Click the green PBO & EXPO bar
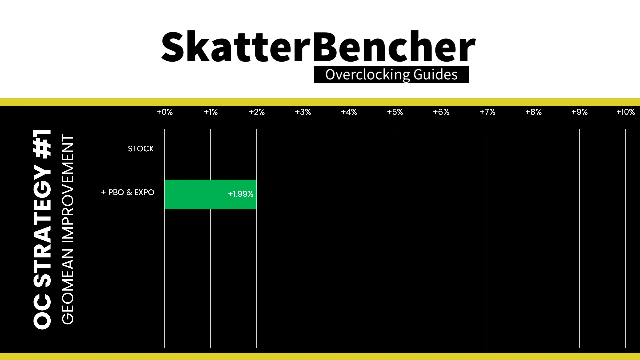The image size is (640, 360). click(x=210, y=194)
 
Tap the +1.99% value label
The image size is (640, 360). click(x=240, y=194)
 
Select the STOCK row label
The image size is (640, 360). click(x=141, y=149)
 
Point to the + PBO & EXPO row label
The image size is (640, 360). click(x=128, y=192)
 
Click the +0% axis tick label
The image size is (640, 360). click(x=165, y=112)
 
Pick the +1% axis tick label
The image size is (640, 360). click(x=211, y=112)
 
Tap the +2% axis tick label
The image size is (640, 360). click(x=257, y=112)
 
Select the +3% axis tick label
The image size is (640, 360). click(x=303, y=112)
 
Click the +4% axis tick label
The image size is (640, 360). click(x=349, y=112)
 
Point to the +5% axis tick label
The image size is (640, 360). click(x=395, y=112)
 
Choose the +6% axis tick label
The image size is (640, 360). click(x=441, y=112)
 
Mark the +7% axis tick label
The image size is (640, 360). click(x=487, y=112)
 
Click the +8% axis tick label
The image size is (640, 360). click(x=533, y=112)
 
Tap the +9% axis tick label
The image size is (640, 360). click(x=579, y=112)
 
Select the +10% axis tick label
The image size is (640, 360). click(x=626, y=112)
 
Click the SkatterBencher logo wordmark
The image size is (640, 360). click(x=318, y=47)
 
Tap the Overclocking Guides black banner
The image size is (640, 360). click(x=391, y=75)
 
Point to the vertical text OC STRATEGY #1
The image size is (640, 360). click(x=42, y=229)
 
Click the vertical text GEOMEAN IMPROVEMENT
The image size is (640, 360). click(x=68, y=229)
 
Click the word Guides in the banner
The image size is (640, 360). click(x=435, y=75)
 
